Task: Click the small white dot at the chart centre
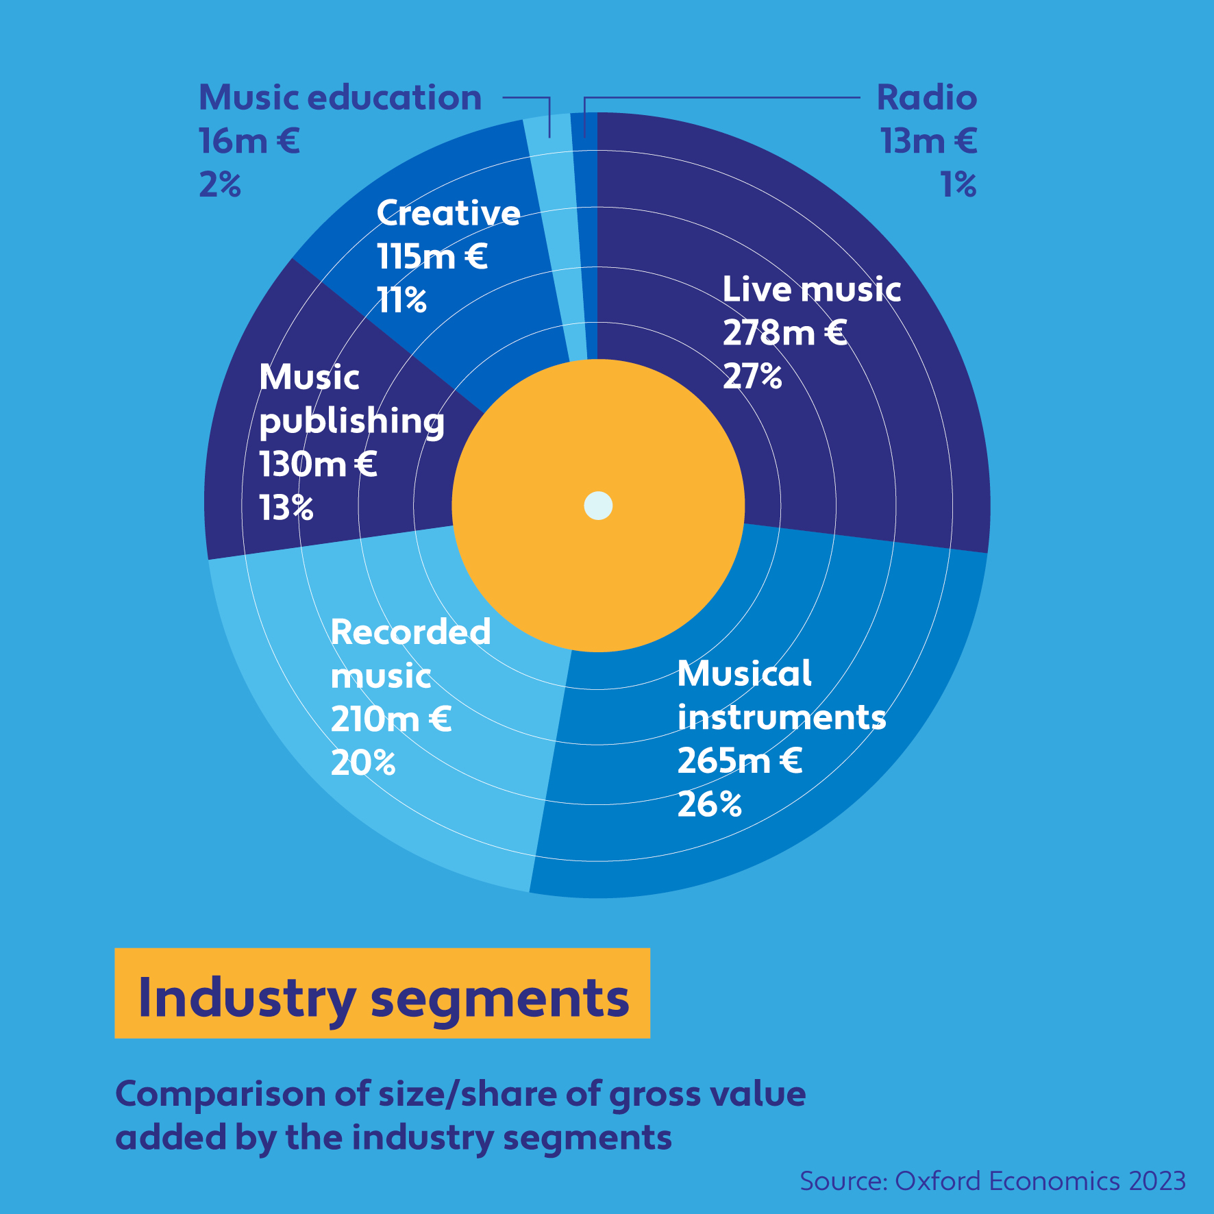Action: click(598, 506)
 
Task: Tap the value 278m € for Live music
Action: click(784, 333)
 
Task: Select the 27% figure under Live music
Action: click(752, 376)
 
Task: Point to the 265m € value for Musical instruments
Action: click(739, 760)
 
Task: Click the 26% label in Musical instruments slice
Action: click(709, 804)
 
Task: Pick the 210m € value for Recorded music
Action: click(391, 719)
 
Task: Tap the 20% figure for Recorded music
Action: click(363, 763)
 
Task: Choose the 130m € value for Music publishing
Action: click(318, 464)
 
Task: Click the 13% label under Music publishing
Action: click(286, 508)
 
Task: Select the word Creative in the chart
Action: click(449, 213)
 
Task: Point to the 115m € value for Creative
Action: click(432, 257)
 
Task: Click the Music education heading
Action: click(340, 97)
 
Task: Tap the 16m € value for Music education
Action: click(249, 141)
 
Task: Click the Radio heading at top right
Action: click(927, 97)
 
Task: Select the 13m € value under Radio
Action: click(928, 141)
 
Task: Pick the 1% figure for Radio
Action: click(958, 184)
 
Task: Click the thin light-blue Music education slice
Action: click(558, 240)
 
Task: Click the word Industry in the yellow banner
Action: click(247, 998)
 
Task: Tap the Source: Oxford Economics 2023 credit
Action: click(993, 1181)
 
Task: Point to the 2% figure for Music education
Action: click(220, 184)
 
